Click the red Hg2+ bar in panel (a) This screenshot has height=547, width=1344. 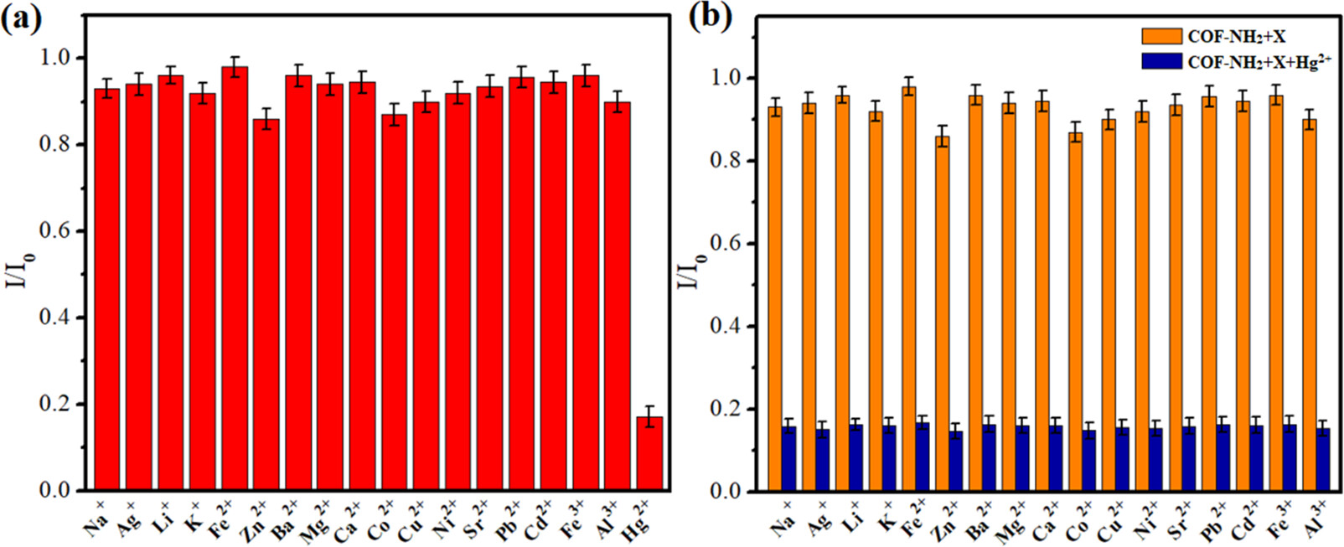tap(649, 453)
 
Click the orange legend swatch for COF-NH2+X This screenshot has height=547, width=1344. tap(1161, 36)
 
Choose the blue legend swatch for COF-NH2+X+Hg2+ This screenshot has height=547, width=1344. tap(1161, 61)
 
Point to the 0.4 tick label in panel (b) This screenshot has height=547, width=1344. tap(726, 327)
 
